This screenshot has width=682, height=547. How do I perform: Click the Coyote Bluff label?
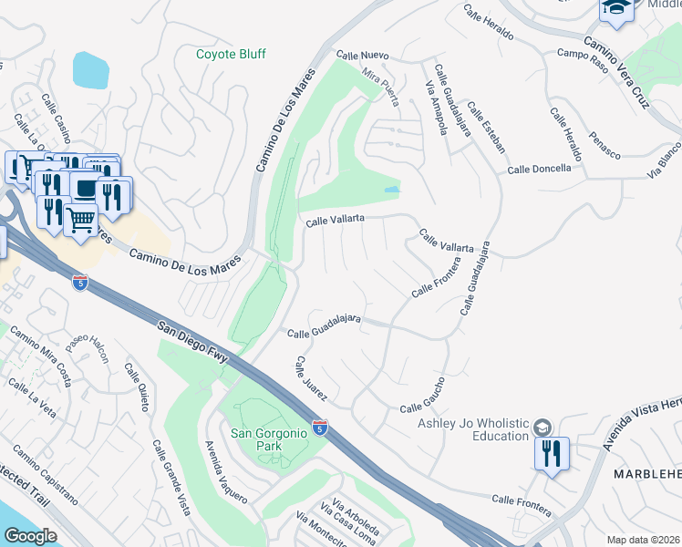coord(231,54)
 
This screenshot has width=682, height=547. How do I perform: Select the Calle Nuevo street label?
coord(362,56)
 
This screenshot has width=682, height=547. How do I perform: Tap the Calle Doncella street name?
coord(539,169)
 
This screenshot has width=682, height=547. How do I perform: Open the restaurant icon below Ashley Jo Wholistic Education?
coord(552,452)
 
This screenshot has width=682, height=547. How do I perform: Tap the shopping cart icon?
coord(80,219)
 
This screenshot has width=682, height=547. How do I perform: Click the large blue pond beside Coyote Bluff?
coord(90,70)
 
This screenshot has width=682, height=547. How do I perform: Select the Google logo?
coord(30,536)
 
